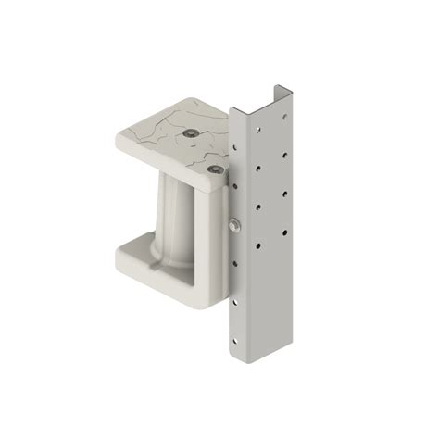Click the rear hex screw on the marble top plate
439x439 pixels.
(x=190, y=133)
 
